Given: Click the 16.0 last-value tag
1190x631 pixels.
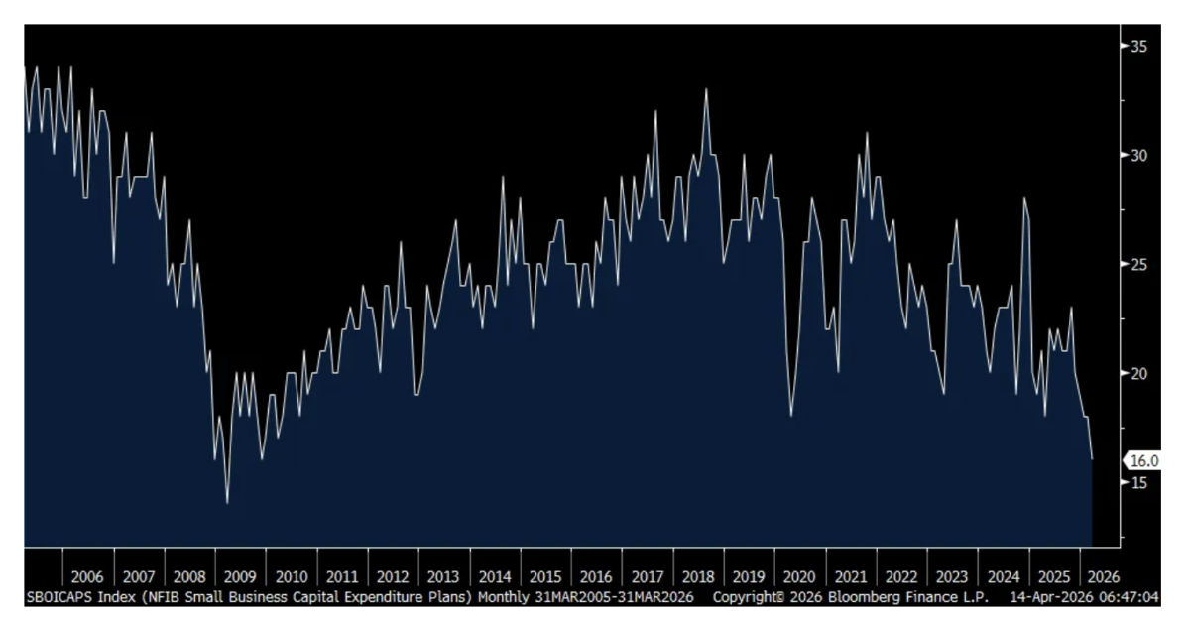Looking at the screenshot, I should (1144, 460).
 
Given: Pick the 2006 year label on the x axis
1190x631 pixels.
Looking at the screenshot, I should (87, 576).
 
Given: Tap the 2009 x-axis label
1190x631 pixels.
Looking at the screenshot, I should (240, 576).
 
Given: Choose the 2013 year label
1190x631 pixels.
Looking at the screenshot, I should (443, 576).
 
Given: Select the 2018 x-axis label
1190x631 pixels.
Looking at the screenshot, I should (698, 576).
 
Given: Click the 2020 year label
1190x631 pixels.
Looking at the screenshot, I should (799, 576).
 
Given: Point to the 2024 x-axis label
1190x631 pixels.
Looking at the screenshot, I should (1004, 576).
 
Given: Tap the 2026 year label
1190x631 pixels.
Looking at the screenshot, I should (1105, 576).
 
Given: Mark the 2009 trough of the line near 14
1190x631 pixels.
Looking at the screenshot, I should (227, 504).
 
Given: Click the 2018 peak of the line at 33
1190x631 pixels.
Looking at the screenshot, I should (706, 89).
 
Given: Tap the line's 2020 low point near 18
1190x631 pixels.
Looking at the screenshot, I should (791, 415).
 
